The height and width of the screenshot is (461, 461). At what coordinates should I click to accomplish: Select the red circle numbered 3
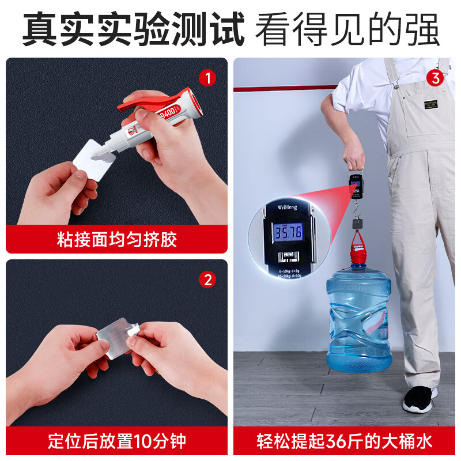pyautogui.click(x=435, y=77)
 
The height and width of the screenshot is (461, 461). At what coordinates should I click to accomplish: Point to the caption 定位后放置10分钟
pyautogui.click(x=117, y=442)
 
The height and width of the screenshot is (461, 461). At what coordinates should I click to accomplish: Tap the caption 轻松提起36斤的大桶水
pyautogui.click(x=344, y=442)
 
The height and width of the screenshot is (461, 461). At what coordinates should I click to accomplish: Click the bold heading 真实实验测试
pyautogui.click(x=134, y=30)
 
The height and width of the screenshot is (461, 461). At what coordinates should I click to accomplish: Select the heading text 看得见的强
pyautogui.click(x=347, y=30)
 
